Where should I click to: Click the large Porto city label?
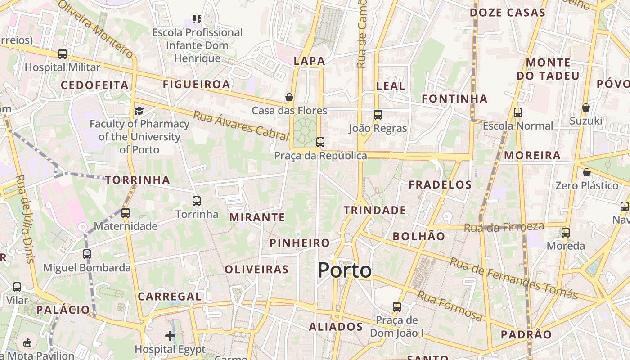[345, 270]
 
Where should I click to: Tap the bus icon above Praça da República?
[320, 142]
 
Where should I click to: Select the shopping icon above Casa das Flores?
[289, 97]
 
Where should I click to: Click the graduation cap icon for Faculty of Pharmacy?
[139, 111]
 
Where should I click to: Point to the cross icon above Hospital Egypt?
[170, 336]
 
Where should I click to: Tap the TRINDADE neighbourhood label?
[375, 210]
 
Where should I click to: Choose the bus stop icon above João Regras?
[378, 115]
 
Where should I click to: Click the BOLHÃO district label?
[418, 236]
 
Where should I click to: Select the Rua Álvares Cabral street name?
[241, 124]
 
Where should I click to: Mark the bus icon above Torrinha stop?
[197, 201]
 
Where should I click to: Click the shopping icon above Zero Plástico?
[586, 172]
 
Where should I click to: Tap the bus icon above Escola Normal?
[518, 112]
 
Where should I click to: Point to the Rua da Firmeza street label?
[504, 227]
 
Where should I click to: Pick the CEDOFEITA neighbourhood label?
[94, 85]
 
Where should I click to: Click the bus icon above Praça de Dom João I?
[396, 307]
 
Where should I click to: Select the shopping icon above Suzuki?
[586, 108]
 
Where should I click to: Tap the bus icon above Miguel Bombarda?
[87, 254]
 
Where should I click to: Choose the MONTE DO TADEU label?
[548, 69]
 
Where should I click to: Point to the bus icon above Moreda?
[566, 233]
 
